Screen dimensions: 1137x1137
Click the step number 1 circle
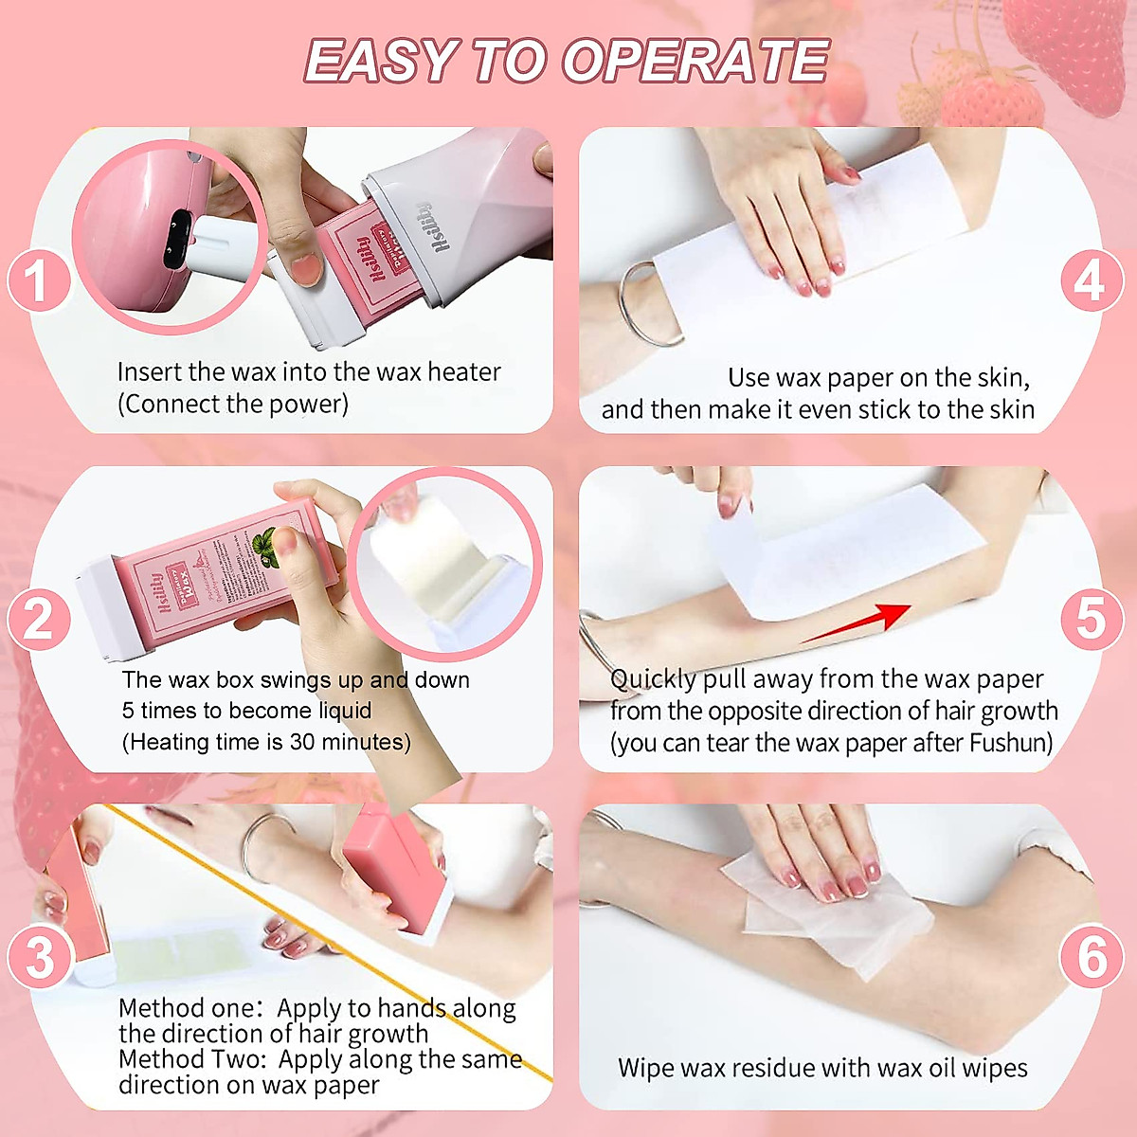[38, 281]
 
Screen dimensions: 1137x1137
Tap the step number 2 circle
[38, 620]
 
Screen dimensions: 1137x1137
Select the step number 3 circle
[40, 958]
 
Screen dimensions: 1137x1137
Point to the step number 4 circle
[1091, 281]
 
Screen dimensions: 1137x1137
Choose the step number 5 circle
[1091, 620]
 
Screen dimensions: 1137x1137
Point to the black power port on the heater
[176, 239]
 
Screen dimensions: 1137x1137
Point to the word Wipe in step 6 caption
[647, 1069]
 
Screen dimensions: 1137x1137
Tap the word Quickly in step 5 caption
[653, 679]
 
